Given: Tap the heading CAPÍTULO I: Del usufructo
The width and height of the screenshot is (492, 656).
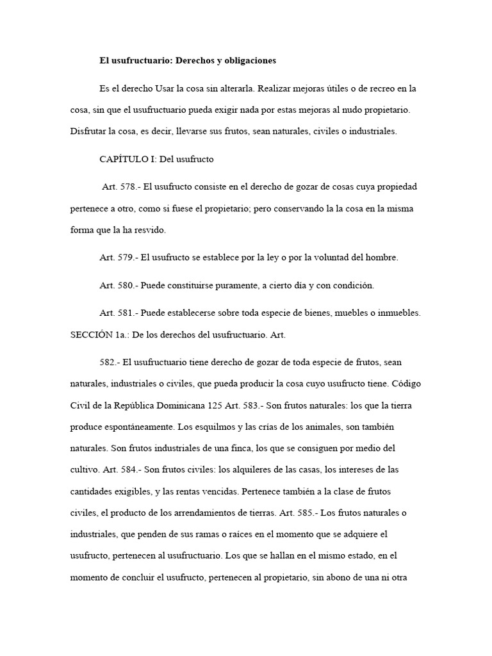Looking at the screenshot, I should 156,158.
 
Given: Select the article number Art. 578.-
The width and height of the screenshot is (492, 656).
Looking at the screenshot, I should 120,186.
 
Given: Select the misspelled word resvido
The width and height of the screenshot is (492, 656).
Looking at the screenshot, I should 151,230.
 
